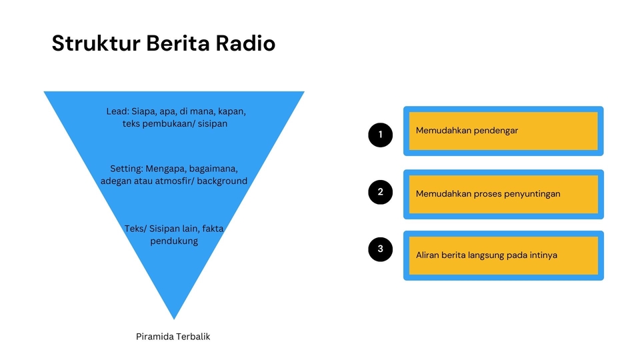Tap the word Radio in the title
click(245, 44)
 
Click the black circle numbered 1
click(381, 135)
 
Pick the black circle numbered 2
click(381, 192)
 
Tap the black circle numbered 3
click(381, 249)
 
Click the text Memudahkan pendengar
click(467, 131)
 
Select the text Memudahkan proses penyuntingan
click(487, 194)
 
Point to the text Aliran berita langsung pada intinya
click(486, 255)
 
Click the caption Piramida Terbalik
click(173, 337)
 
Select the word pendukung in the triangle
click(174, 241)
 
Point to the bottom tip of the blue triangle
click(174, 317)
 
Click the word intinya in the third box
click(541, 255)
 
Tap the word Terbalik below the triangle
click(193, 337)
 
